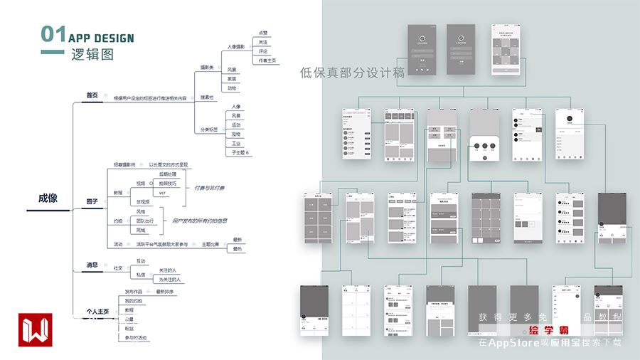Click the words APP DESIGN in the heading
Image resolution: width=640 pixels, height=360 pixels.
(101, 38)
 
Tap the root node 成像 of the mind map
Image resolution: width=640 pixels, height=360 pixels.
(48, 199)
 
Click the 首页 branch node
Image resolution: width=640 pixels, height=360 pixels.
(92, 95)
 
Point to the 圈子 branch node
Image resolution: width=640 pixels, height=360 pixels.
(92, 201)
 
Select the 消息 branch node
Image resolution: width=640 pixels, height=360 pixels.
(92, 265)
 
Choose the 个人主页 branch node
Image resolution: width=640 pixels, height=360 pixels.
(97, 311)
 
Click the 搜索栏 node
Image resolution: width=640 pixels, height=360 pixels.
(207, 97)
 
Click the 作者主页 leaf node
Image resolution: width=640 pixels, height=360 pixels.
(267, 60)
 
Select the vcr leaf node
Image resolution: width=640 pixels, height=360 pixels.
(162, 193)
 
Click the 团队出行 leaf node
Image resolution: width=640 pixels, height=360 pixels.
(146, 221)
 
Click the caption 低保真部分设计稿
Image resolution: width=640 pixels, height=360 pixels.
(352, 72)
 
